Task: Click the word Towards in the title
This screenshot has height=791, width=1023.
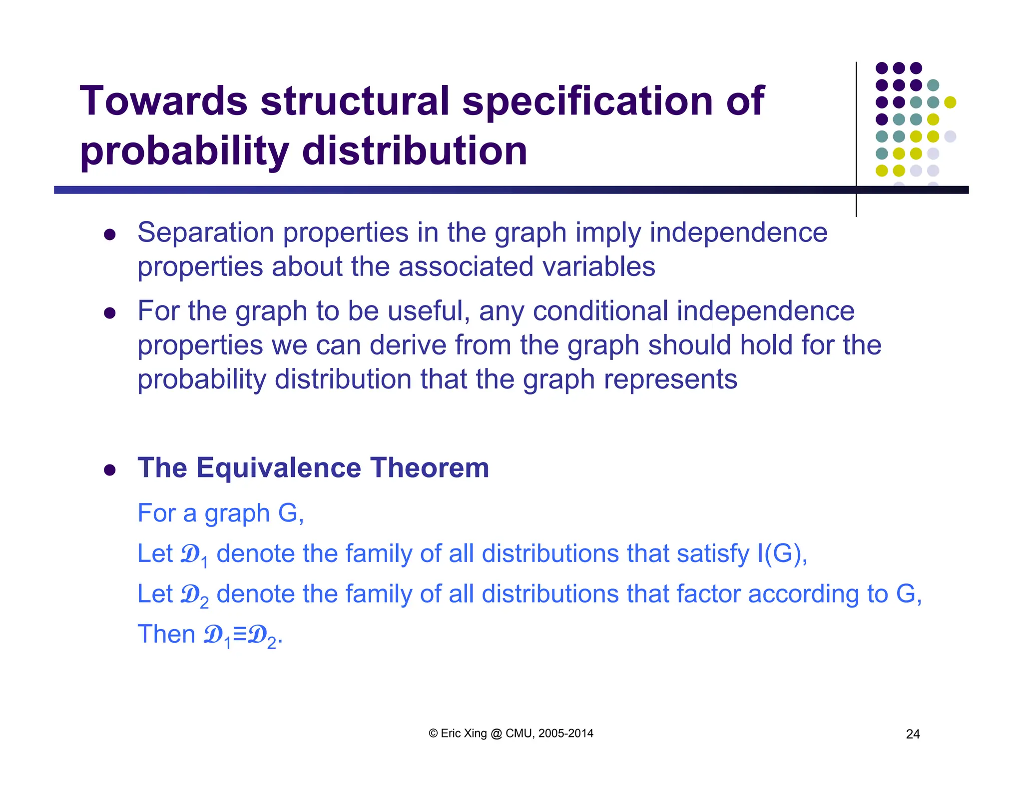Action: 163,101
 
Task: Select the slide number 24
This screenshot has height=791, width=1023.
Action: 913,734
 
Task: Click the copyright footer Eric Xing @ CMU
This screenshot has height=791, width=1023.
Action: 511,733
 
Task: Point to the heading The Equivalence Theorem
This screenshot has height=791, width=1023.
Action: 313,468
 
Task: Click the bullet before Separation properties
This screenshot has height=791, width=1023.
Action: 110,234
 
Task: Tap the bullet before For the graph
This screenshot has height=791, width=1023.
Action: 110,313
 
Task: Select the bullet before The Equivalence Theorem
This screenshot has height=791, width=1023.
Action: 110,470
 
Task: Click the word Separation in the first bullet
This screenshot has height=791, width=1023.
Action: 206,233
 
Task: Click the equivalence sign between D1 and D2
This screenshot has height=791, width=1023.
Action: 240,634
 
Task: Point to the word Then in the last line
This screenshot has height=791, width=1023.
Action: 166,634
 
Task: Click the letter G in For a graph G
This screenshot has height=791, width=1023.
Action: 288,513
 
